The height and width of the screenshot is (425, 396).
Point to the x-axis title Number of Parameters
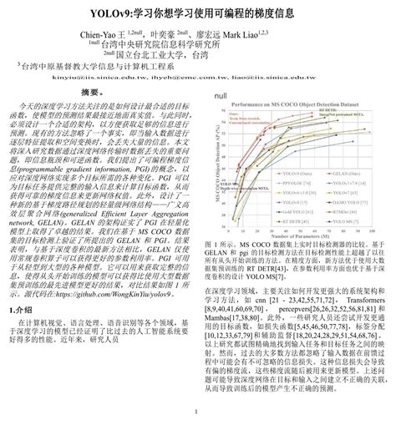297,230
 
